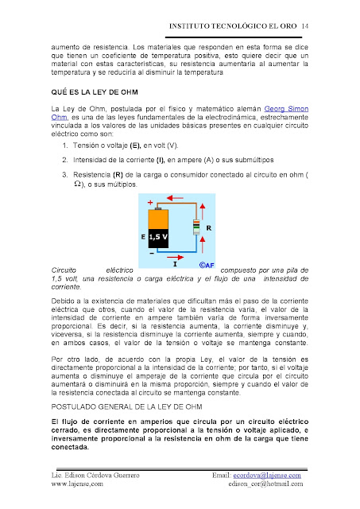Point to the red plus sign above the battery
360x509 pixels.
coord(150,203)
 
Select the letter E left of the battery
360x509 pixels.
coord(144,236)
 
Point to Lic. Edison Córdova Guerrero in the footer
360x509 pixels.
coord(96,475)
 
